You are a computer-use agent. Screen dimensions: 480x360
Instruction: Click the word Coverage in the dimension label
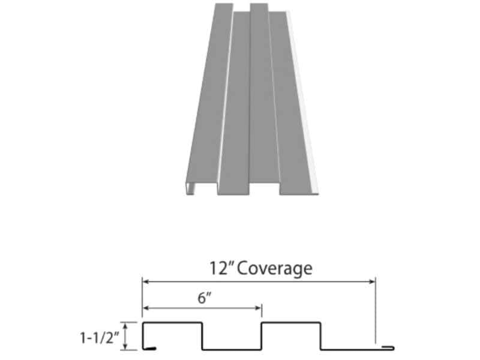pos(275,268)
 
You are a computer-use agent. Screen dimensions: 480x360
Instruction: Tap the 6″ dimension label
pos(205,298)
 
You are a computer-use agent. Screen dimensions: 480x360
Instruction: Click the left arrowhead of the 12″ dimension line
pos(146,281)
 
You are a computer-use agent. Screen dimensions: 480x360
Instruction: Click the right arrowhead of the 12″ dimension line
pos(372,281)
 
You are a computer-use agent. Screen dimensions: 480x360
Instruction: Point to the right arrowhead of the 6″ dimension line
pos(259,308)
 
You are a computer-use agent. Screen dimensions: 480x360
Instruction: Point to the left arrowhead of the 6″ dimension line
pos(146,308)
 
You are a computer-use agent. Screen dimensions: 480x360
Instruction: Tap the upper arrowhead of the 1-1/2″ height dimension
pos(125,326)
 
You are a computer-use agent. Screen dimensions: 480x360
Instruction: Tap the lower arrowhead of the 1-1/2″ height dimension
pos(125,346)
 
